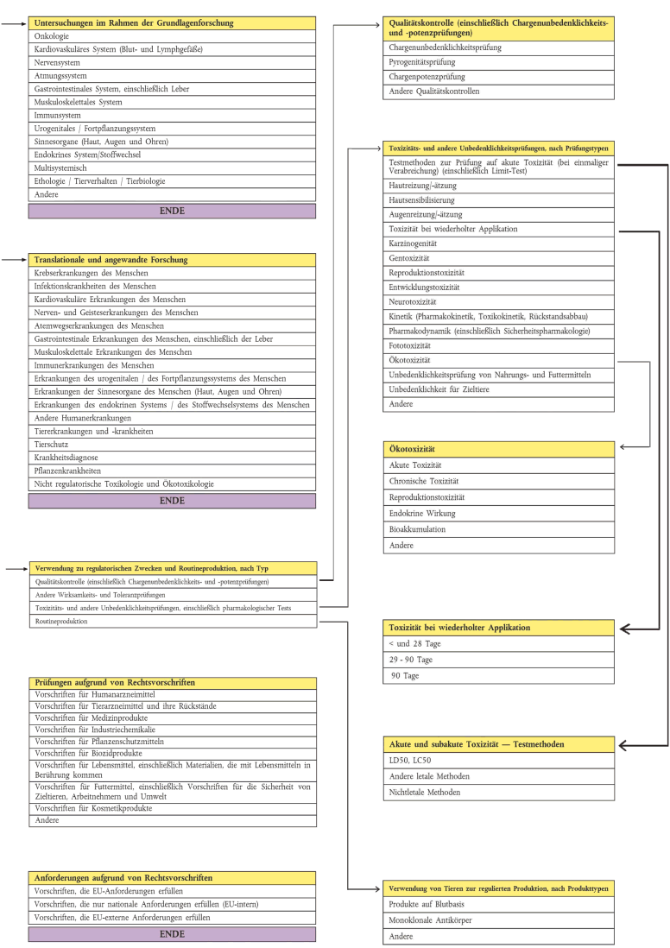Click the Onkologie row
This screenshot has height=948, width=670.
tap(173, 36)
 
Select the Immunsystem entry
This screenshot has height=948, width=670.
tap(173, 115)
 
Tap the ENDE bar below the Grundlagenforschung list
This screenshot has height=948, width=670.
tap(173, 211)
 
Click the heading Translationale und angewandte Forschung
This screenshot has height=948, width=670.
tap(173, 259)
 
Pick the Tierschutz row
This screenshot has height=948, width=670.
tap(173, 445)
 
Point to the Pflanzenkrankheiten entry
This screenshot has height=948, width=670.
tap(173, 471)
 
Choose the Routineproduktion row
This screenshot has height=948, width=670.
tap(173, 621)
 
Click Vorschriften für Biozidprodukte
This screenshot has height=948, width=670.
tap(173, 753)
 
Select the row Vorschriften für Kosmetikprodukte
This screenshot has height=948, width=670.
tap(173, 808)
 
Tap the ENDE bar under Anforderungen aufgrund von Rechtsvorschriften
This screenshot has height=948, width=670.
tap(173, 933)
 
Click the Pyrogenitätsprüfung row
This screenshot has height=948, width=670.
tap(499, 62)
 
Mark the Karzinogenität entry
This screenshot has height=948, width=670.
tap(499, 243)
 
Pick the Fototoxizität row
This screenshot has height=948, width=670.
tap(499, 345)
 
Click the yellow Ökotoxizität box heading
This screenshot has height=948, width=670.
tap(499, 449)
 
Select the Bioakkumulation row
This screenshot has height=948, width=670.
tap(499, 530)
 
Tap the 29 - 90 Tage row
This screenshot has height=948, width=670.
tap(499, 660)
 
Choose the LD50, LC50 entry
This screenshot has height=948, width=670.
tap(499, 760)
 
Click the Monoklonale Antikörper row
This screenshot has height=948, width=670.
tap(499, 920)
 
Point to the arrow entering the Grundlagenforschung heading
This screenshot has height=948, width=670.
tap(16, 23)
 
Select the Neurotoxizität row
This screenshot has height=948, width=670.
tap(499, 302)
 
